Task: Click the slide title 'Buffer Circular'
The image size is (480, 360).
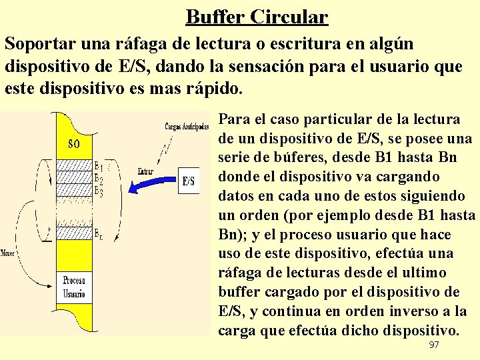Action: coord(257,16)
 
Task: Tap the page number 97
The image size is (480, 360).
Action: coord(434,345)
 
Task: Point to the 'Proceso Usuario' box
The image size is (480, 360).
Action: coord(74,287)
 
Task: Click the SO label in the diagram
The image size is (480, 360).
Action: coord(76,144)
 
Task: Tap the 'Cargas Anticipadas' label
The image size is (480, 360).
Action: coord(187,127)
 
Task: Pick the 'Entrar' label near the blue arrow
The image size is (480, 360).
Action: coord(145,171)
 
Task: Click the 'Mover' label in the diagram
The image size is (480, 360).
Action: coord(8,253)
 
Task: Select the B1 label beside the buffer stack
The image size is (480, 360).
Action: coord(98,166)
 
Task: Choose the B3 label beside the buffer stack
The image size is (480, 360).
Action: coord(98,192)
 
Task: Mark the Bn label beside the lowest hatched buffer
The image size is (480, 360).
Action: coord(98,234)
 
